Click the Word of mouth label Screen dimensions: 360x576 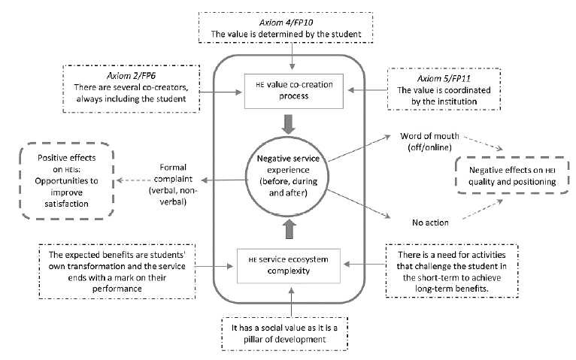coord(425,142)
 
